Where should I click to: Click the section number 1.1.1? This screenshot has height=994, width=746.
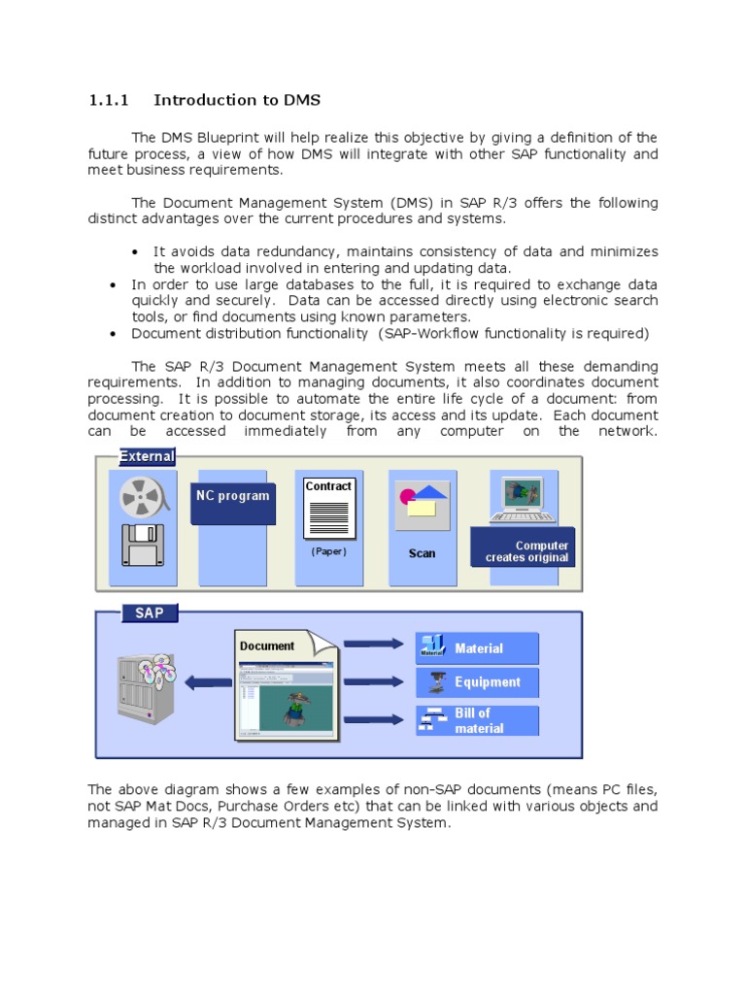[108, 100]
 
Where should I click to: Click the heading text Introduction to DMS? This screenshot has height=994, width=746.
[237, 100]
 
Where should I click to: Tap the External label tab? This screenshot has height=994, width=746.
[147, 456]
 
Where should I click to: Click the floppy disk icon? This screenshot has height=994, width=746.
[141, 545]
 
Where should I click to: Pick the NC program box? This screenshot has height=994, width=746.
[232, 496]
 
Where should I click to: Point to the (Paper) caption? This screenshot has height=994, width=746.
[328, 551]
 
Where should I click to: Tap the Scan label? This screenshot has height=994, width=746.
[422, 553]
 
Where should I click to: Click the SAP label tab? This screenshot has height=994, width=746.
[149, 613]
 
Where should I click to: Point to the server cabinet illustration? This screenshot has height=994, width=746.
[147, 684]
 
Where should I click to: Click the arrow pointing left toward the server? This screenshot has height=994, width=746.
[208, 682]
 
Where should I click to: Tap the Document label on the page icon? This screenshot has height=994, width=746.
[267, 646]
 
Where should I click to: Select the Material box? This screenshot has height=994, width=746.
[478, 648]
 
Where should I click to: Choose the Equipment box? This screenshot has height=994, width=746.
[478, 682]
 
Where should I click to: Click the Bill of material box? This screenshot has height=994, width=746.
[478, 720]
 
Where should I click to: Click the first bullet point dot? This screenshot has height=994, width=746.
[135, 252]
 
